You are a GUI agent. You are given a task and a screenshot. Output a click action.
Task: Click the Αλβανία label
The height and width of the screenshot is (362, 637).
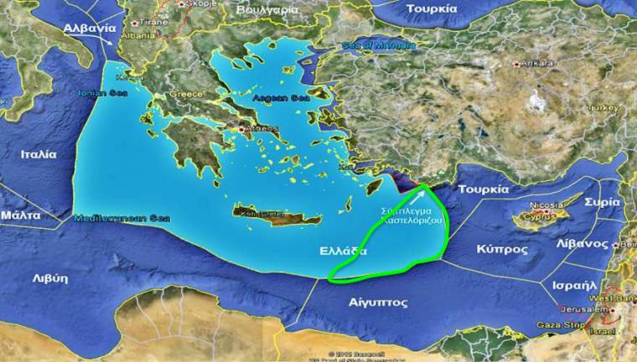coord(88,28)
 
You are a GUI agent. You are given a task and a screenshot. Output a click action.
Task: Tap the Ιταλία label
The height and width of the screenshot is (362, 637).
coord(39,154)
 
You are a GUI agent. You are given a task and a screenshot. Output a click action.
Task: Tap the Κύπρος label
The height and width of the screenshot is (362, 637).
coord(502,250)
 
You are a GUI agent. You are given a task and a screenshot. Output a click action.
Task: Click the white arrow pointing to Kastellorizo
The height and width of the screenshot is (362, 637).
coord(417,198)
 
